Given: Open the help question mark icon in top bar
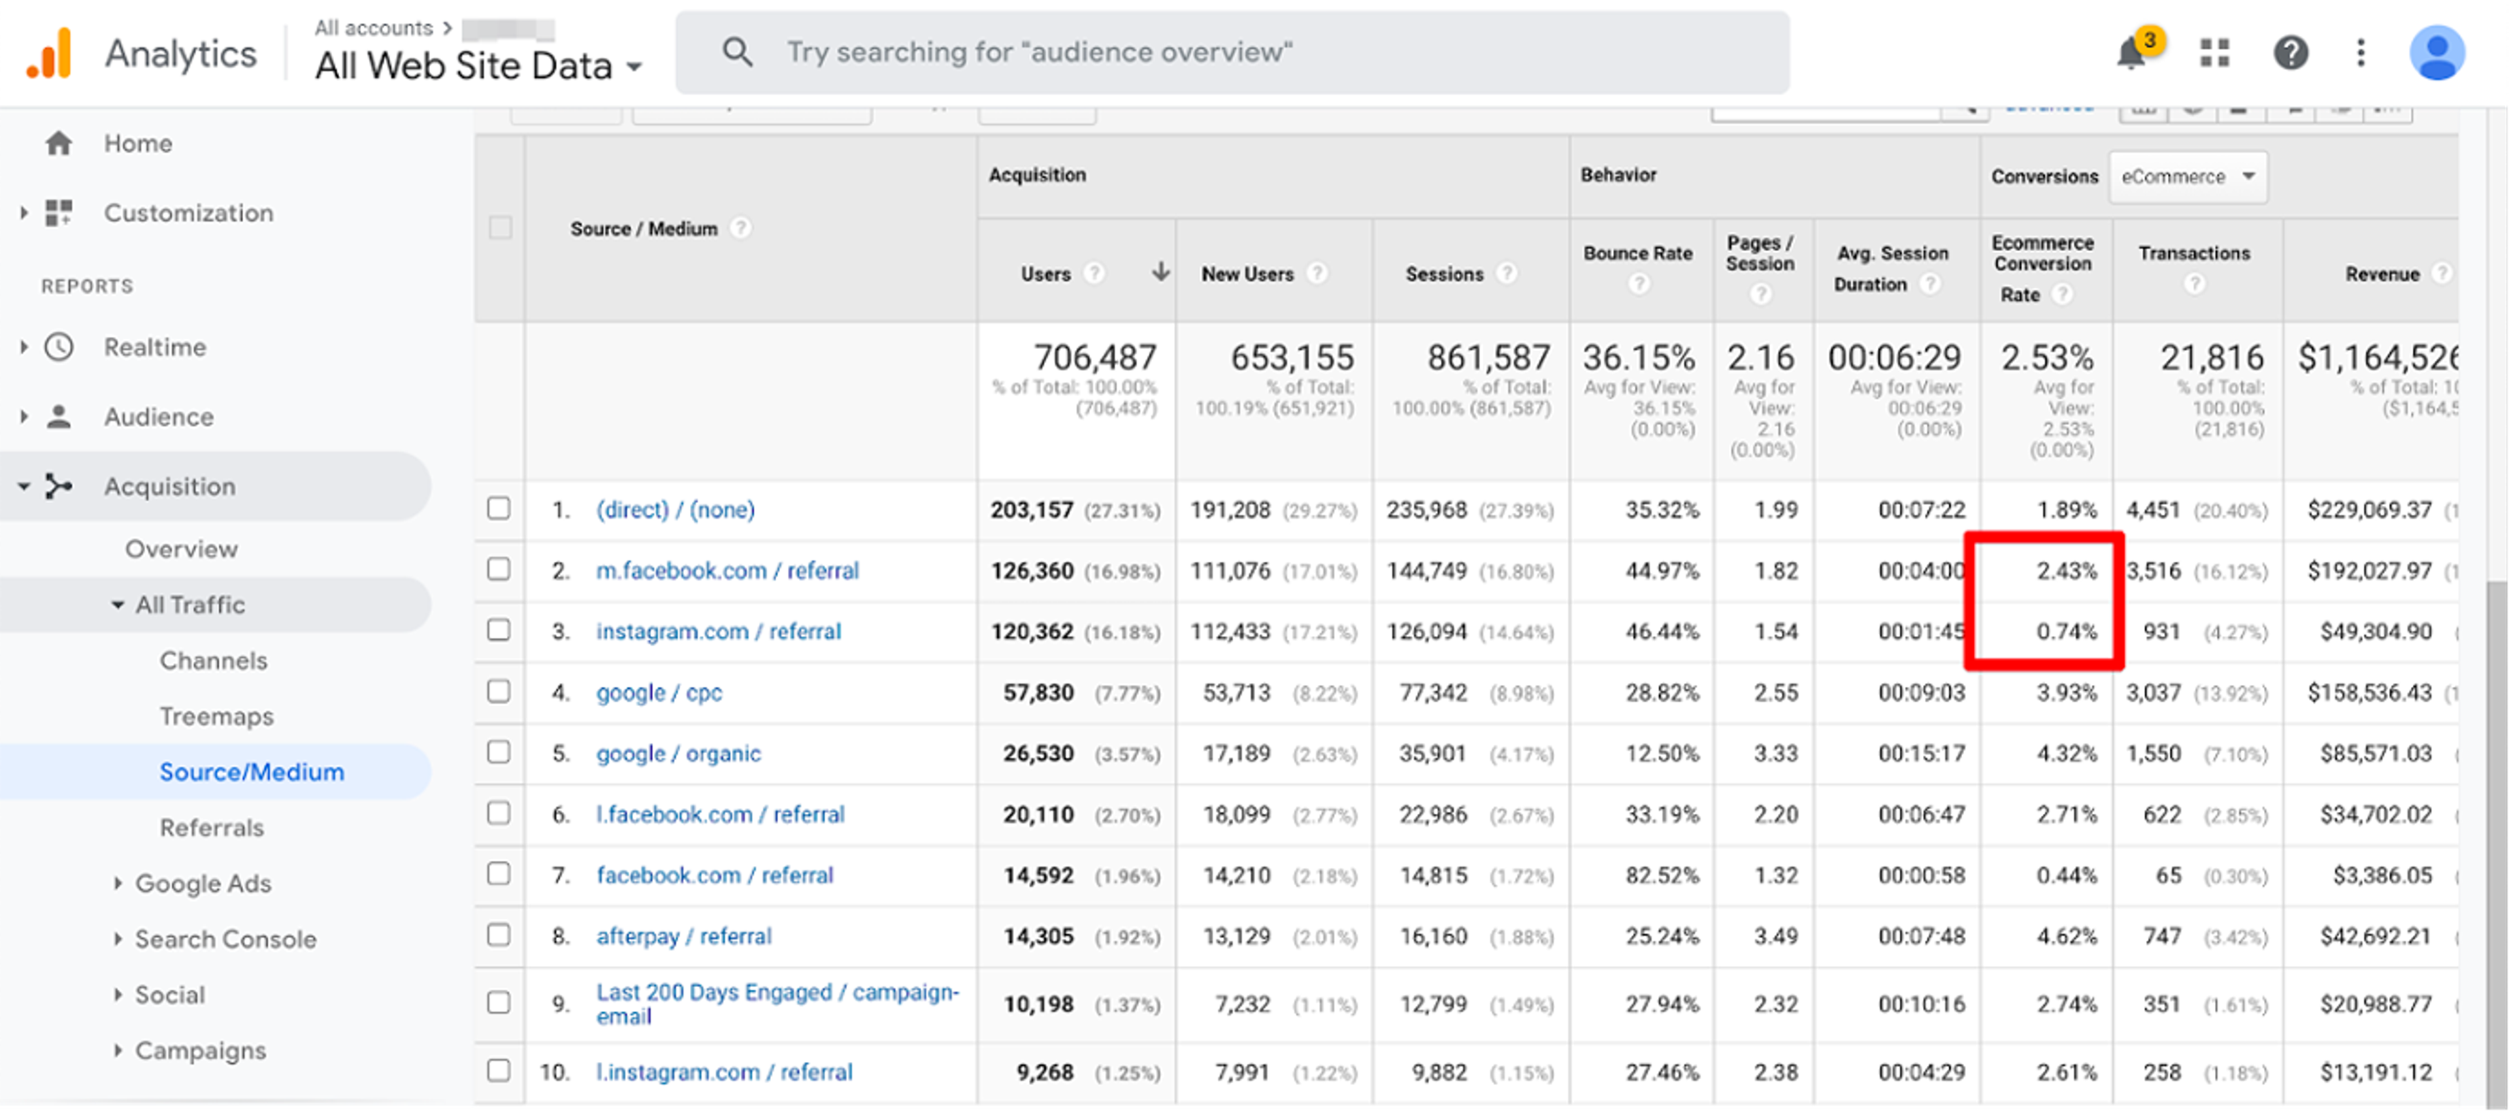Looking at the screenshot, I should pyautogui.click(x=2290, y=53).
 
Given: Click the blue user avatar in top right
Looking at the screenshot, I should pyautogui.click(x=2437, y=53).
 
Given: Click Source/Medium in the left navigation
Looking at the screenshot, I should pyautogui.click(x=252, y=772).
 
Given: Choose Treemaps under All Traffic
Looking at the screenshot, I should pyautogui.click(x=216, y=717).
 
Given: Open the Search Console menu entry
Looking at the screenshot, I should pyautogui.click(x=225, y=940).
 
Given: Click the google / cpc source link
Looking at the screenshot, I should pyautogui.click(x=659, y=692).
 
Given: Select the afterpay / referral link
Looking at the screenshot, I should pyautogui.click(x=683, y=936).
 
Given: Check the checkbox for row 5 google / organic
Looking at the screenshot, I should pyautogui.click(x=499, y=752).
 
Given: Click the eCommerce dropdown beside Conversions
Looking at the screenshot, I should pyautogui.click(x=2187, y=177).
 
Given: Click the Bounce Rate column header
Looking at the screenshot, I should pyautogui.click(x=1637, y=253).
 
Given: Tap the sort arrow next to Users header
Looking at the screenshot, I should pyautogui.click(x=1160, y=272).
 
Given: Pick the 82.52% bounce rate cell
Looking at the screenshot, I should pyautogui.click(x=1662, y=875).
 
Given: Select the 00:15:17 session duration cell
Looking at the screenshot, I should pyautogui.click(x=1921, y=754).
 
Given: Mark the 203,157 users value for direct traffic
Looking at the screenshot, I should pyautogui.click(x=1032, y=510).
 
